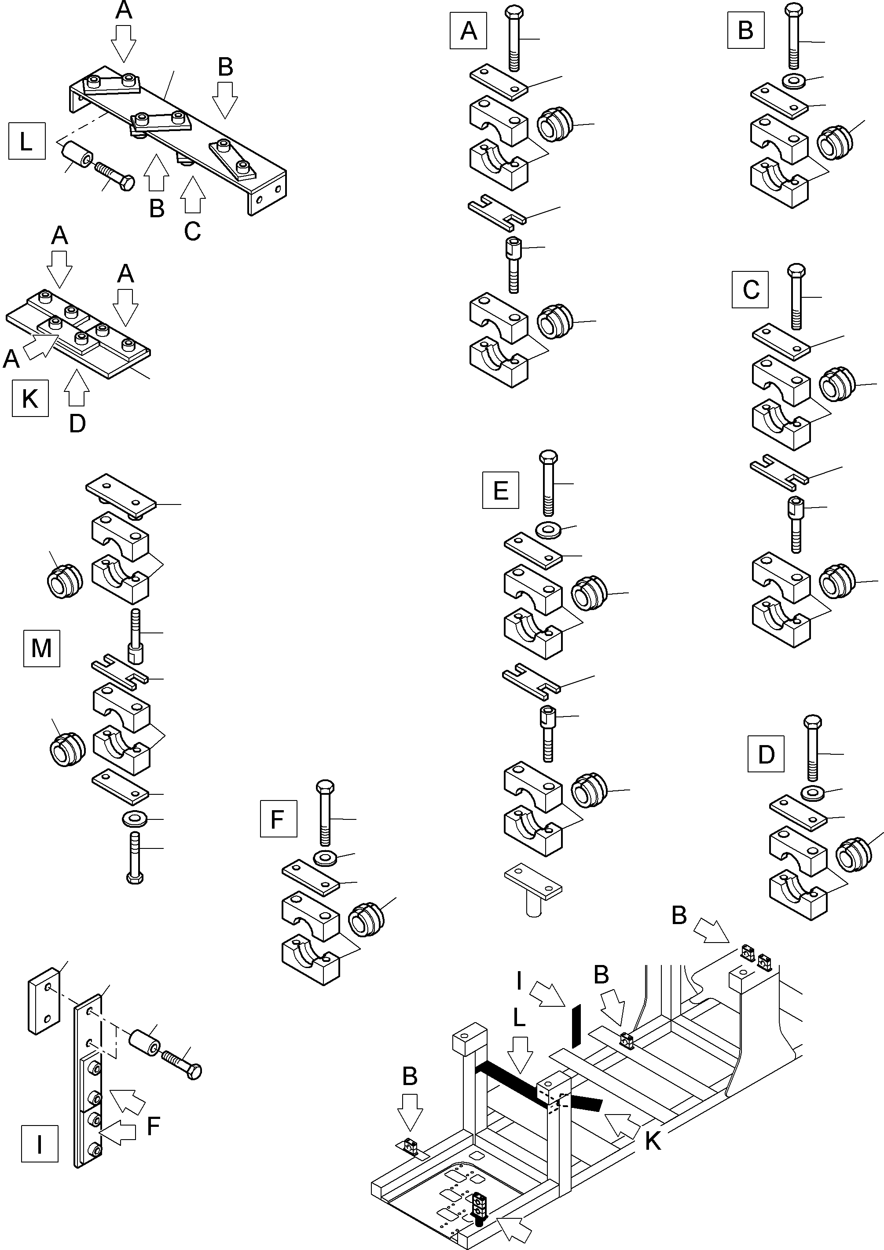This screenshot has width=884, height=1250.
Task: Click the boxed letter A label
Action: pos(468,31)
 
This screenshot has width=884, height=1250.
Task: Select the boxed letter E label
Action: pos(500,490)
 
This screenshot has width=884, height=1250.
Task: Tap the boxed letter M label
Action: pos(41,648)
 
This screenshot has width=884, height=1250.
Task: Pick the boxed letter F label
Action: pos(279,818)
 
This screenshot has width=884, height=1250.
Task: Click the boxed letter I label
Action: pos(39,1144)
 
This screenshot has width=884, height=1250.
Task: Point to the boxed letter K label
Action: pos(30,398)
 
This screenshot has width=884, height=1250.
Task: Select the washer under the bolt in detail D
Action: pos(813,792)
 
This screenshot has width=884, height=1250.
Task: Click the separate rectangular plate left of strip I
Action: pos(43,1001)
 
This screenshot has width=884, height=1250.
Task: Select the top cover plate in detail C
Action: pos(781,341)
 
